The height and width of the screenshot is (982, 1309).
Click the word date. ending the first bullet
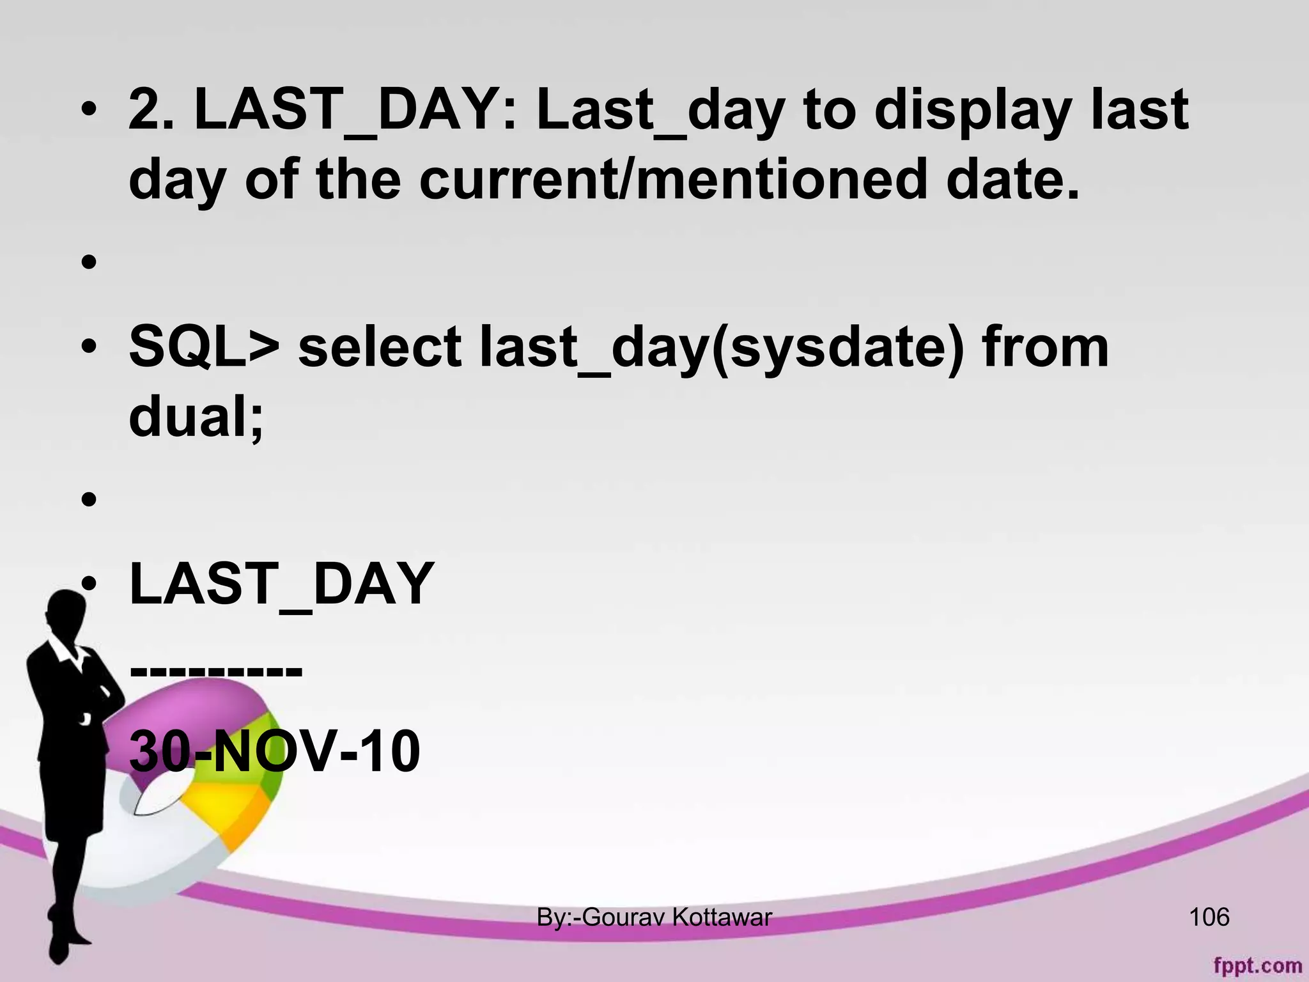tap(1013, 180)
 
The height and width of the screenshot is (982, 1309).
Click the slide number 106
tap(1209, 917)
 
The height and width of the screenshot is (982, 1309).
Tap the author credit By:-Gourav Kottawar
tap(654, 917)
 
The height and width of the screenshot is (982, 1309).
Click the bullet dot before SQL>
tap(89, 347)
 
